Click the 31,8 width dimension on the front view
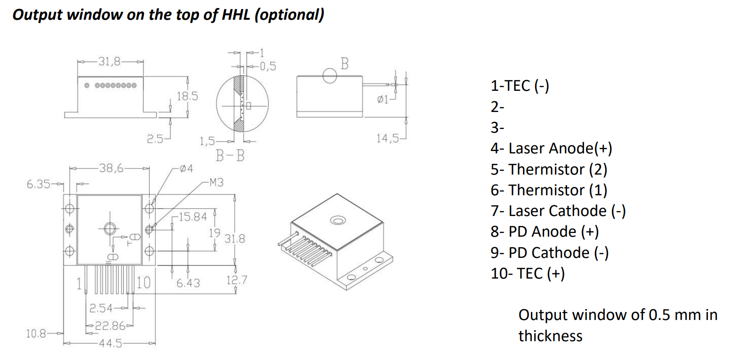click(x=110, y=62)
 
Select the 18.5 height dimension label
click(x=187, y=96)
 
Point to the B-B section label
click(x=230, y=156)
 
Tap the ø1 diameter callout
click(x=383, y=100)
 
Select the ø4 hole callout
click(x=186, y=168)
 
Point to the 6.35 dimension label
click(x=38, y=184)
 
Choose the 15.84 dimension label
click(x=193, y=216)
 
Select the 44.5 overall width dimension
click(x=110, y=344)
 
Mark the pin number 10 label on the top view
click(x=143, y=283)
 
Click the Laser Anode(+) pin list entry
click(x=551, y=148)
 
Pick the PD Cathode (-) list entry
click(x=550, y=253)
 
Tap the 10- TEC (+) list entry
click(x=528, y=273)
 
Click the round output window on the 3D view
click(x=337, y=220)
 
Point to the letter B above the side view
click(x=345, y=64)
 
